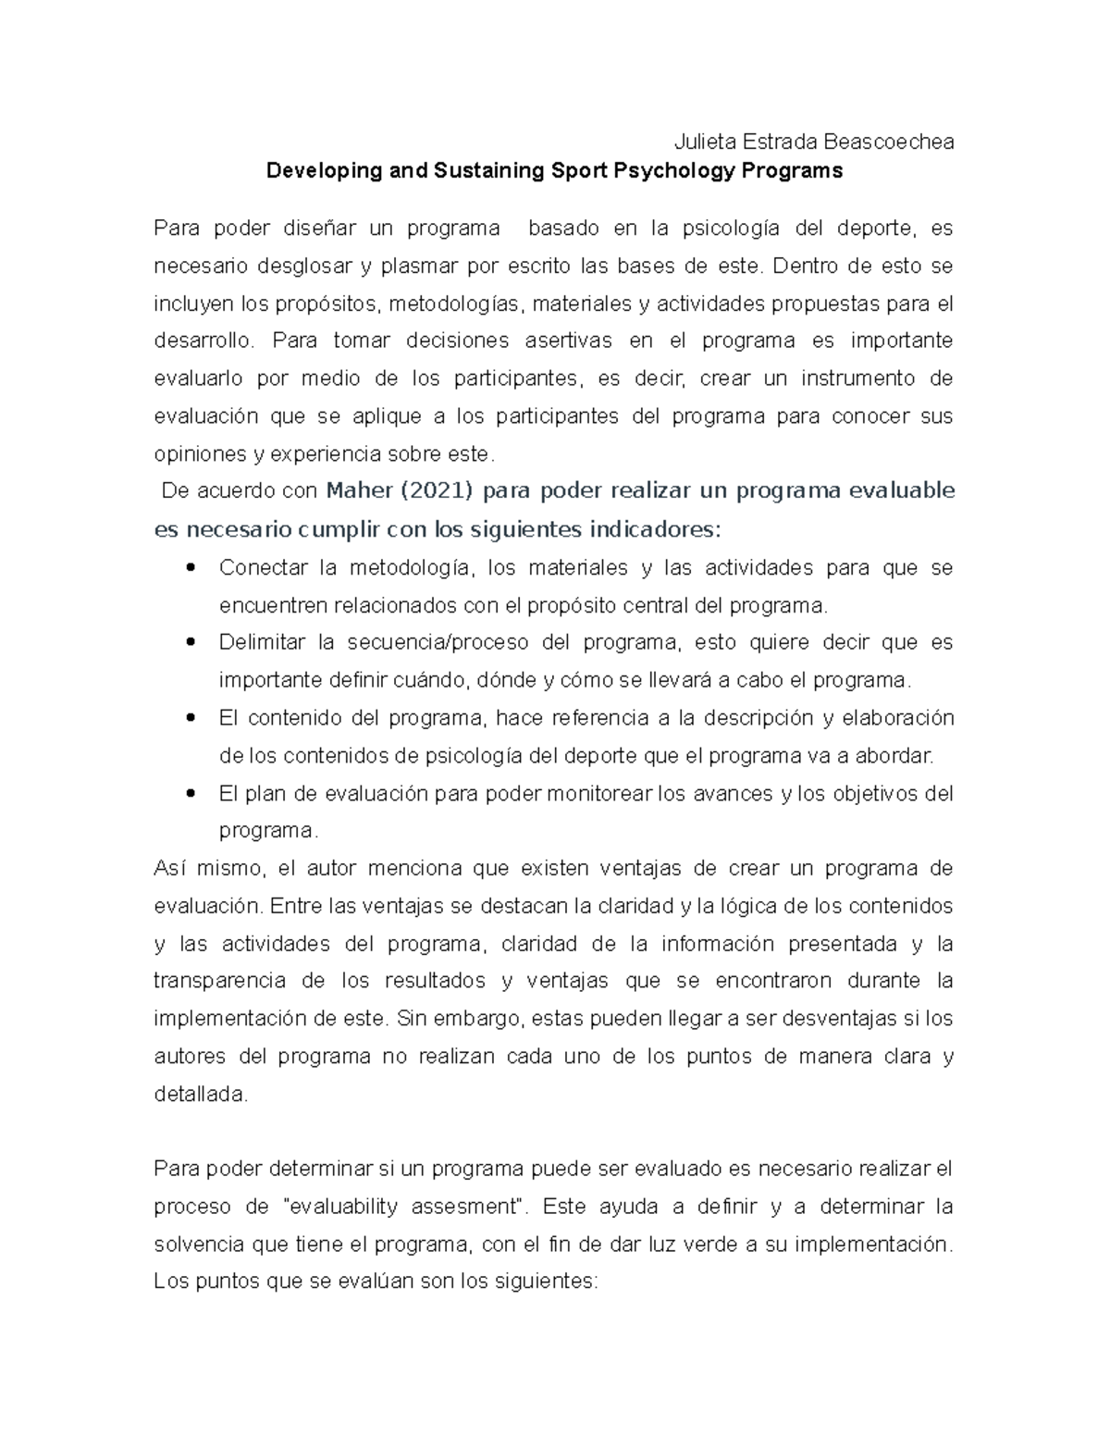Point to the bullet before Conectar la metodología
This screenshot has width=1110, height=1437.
pyautogui.click(x=191, y=568)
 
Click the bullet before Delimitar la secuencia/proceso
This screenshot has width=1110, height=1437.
pyautogui.click(x=191, y=642)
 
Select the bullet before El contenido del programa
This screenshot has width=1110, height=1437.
pyautogui.click(x=191, y=717)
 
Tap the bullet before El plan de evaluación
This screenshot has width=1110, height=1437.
pyautogui.click(x=191, y=793)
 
